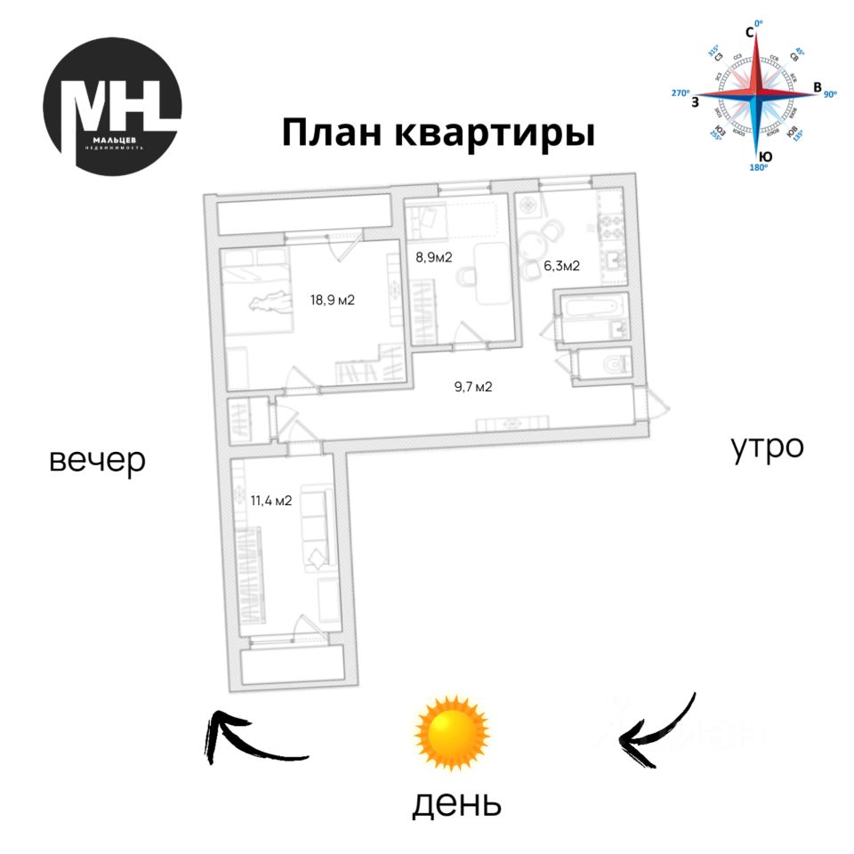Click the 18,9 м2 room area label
333,300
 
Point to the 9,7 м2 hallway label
473,386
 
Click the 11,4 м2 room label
271,500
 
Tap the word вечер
97,460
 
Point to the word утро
768,447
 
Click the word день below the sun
456,803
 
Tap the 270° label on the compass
681,92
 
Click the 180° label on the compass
758,167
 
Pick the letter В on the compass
817,87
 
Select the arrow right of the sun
658,732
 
